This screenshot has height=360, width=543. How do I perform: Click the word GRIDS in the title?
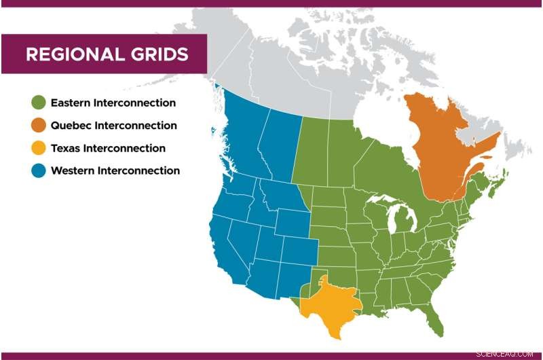click(157, 54)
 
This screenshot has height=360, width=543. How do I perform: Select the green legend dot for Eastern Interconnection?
click(38, 103)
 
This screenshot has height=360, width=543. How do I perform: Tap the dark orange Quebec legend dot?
click(38, 126)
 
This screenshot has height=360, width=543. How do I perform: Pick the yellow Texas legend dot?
click(38, 148)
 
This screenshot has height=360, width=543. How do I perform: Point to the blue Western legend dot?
click(38, 170)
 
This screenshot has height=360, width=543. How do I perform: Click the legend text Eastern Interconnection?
click(113, 103)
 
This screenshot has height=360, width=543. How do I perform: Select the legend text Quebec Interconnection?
click(114, 126)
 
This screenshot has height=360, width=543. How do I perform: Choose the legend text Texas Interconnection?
click(108, 148)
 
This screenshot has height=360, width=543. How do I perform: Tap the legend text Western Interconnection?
click(115, 170)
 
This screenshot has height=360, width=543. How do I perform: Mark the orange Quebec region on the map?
click(441, 149)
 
